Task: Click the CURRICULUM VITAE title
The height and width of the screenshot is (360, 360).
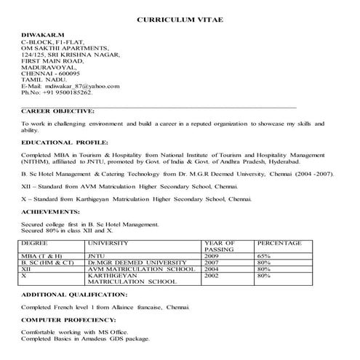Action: tap(180, 20)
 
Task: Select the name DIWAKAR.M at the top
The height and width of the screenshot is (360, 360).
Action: tap(39, 34)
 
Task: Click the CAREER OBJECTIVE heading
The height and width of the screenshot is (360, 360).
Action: tap(57, 111)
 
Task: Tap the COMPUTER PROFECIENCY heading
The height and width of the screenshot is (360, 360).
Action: tap(68, 319)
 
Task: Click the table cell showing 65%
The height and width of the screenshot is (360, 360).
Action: tap(264, 256)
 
